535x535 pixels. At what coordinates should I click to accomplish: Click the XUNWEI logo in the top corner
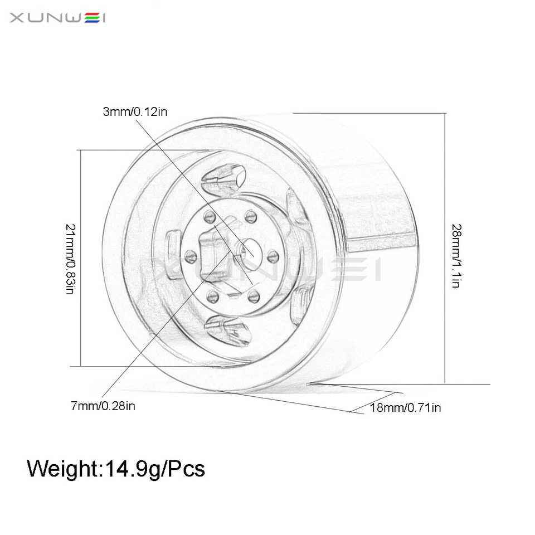click(x=58, y=18)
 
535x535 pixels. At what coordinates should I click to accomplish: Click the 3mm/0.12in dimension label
click(x=135, y=112)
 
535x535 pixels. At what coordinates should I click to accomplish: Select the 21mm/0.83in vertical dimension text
click(x=70, y=260)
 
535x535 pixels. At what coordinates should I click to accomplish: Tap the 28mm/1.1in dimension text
click(x=456, y=255)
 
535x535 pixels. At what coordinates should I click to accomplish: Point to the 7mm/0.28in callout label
click(x=103, y=406)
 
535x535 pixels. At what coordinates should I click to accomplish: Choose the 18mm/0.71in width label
click(x=405, y=408)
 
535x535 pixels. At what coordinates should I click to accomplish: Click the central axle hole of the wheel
click(x=247, y=248)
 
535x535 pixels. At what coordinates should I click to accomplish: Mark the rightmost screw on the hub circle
click(x=273, y=256)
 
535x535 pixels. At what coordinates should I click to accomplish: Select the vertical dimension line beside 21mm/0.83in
click(x=81, y=257)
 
